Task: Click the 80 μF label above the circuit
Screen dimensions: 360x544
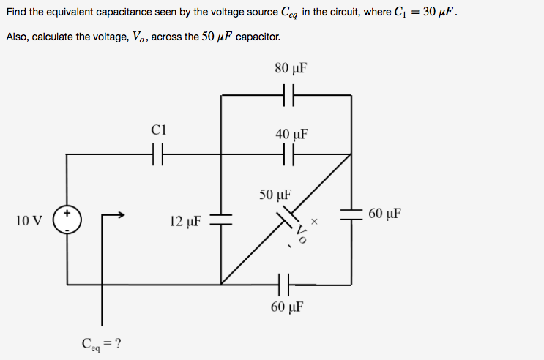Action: point(290,69)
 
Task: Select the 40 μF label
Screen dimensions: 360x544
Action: point(291,135)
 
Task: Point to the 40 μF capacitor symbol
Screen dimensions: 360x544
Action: point(288,154)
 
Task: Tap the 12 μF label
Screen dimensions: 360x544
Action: point(185,220)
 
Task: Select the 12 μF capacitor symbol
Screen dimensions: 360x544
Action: point(221,220)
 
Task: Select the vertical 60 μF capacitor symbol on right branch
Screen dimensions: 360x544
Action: point(351,214)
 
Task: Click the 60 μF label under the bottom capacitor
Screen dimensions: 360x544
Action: point(286,306)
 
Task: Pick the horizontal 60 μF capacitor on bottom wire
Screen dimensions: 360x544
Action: point(285,283)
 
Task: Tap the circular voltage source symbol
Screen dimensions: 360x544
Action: point(67,220)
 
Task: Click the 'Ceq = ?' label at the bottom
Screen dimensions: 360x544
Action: point(101,342)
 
